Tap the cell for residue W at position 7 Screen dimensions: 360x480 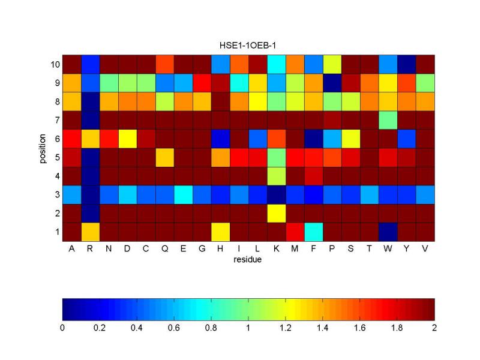pyautogui.click(x=388, y=120)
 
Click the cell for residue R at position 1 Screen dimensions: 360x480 pyautogui.click(x=90, y=232)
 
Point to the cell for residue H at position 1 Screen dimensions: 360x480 pyautogui.click(x=220, y=232)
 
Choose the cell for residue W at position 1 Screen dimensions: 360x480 pyautogui.click(x=388, y=232)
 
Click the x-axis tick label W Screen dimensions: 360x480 pyautogui.click(x=388, y=249)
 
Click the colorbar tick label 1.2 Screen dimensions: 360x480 pyautogui.click(x=286, y=328)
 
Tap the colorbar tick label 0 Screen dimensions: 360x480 pyautogui.click(x=63, y=328)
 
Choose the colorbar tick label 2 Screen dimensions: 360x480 pyautogui.click(x=434, y=328)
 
